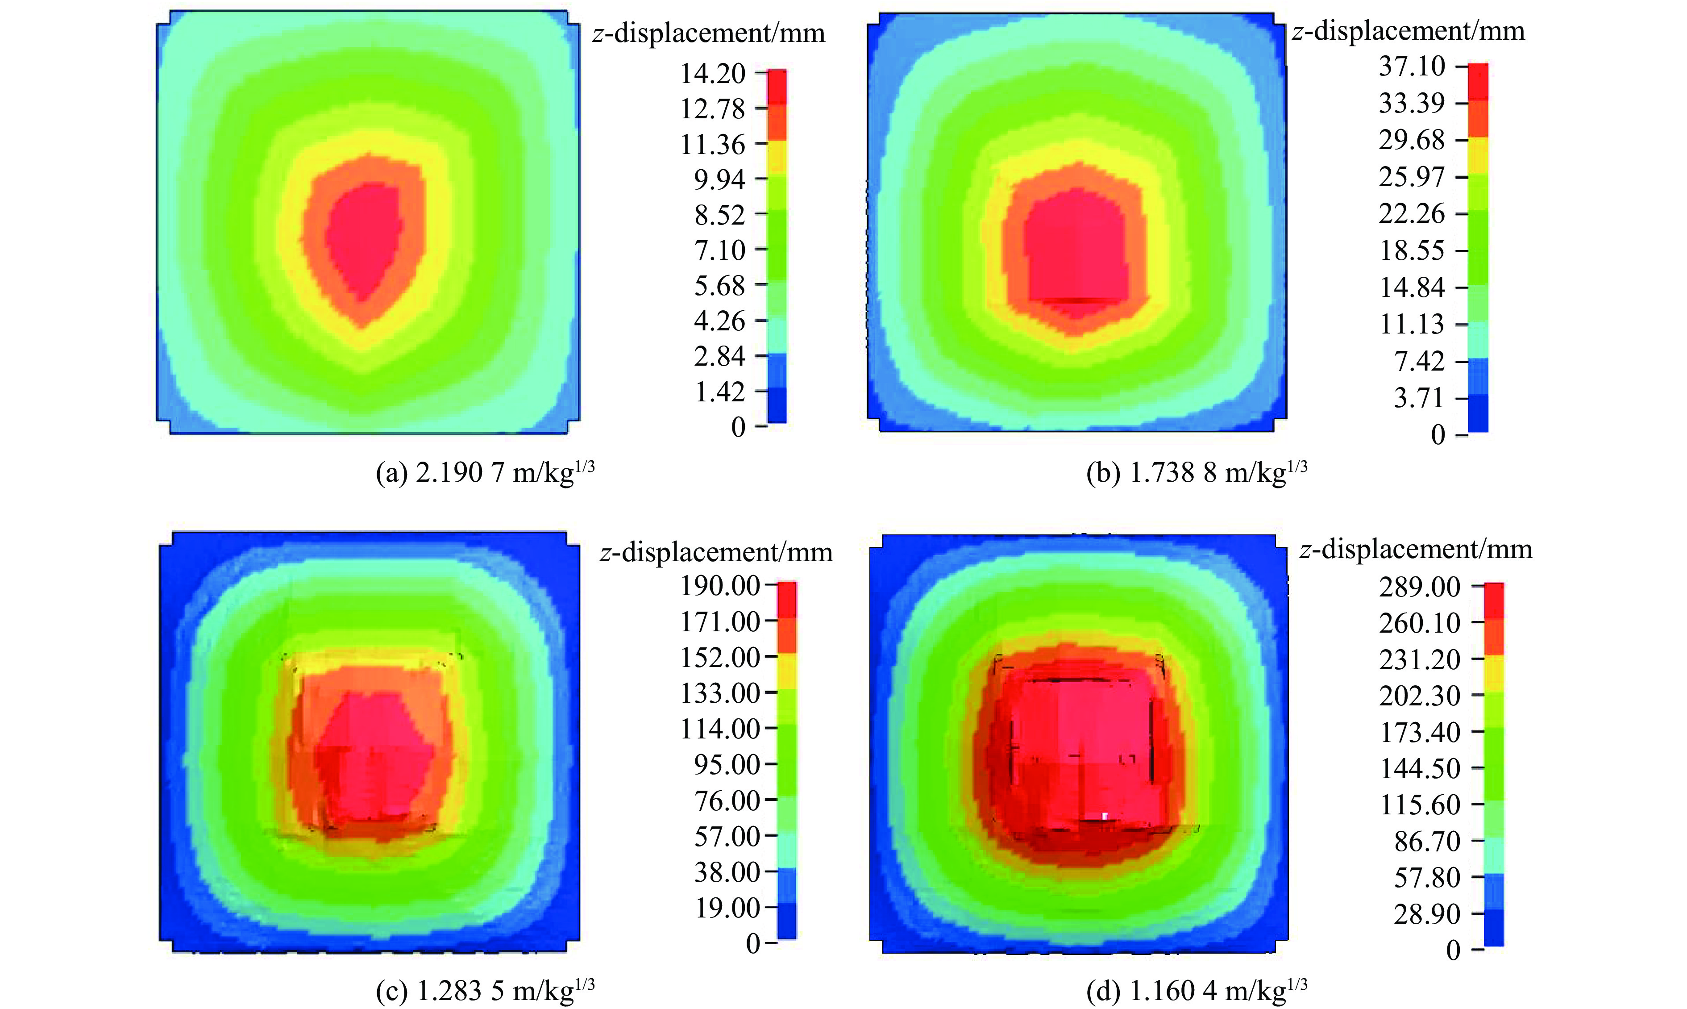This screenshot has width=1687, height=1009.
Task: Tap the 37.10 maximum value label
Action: [1411, 67]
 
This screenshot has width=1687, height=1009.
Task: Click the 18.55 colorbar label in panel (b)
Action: [1411, 251]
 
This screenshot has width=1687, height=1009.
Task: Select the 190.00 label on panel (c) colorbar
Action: [720, 585]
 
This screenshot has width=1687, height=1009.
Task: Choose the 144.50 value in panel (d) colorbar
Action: [1419, 769]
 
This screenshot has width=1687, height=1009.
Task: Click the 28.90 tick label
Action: [1426, 914]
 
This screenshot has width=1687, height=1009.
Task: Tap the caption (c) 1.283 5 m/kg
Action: [485, 991]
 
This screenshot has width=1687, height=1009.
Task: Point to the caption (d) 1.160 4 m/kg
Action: [1196, 991]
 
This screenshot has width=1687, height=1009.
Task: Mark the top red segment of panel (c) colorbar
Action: [786, 600]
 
